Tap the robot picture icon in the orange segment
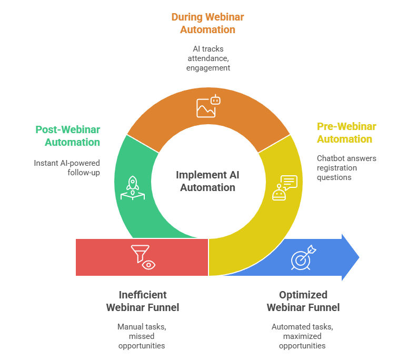coord(207,106)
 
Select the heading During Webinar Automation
coord(207,23)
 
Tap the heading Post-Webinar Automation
coord(68,135)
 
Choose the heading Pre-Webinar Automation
coord(346,133)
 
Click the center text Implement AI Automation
coord(207,181)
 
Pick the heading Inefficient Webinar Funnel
coord(142,301)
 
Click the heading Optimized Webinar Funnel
coord(303,301)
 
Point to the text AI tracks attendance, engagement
coord(207,58)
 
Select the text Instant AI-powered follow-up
coord(67,167)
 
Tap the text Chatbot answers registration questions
coord(346,168)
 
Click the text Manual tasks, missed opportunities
coord(142,336)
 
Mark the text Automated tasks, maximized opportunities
coord(302,336)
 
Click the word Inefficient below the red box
coord(142,295)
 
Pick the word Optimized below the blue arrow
coord(303,295)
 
